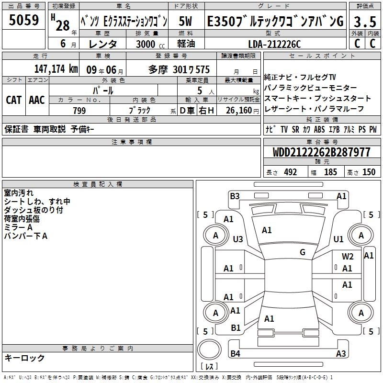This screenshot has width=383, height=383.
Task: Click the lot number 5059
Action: click(x=23, y=20)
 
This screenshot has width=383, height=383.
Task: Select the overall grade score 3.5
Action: click(x=365, y=22)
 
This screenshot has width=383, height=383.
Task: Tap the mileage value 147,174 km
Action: click(x=56, y=69)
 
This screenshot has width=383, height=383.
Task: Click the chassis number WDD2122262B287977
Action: click(x=322, y=152)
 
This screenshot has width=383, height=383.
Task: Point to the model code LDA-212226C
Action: click(x=274, y=44)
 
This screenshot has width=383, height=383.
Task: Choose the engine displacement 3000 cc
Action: click(x=150, y=44)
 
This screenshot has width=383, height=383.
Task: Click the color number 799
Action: click(x=79, y=111)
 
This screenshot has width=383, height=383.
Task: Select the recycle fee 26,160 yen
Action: click(x=242, y=111)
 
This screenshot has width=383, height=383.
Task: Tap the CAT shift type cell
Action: click(x=14, y=100)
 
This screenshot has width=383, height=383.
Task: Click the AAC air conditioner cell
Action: click(x=37, y=100)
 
